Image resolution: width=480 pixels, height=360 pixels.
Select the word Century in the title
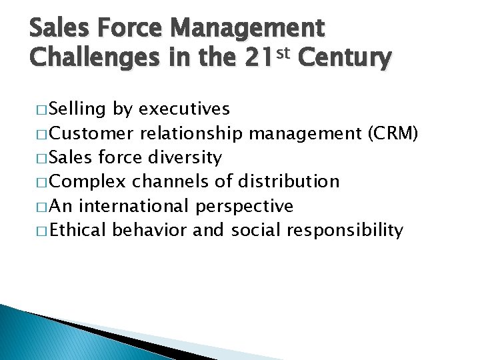pyautogui.click(x=345, y=59)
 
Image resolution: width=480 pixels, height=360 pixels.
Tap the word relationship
pyautogui.click(x=191, y=133)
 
